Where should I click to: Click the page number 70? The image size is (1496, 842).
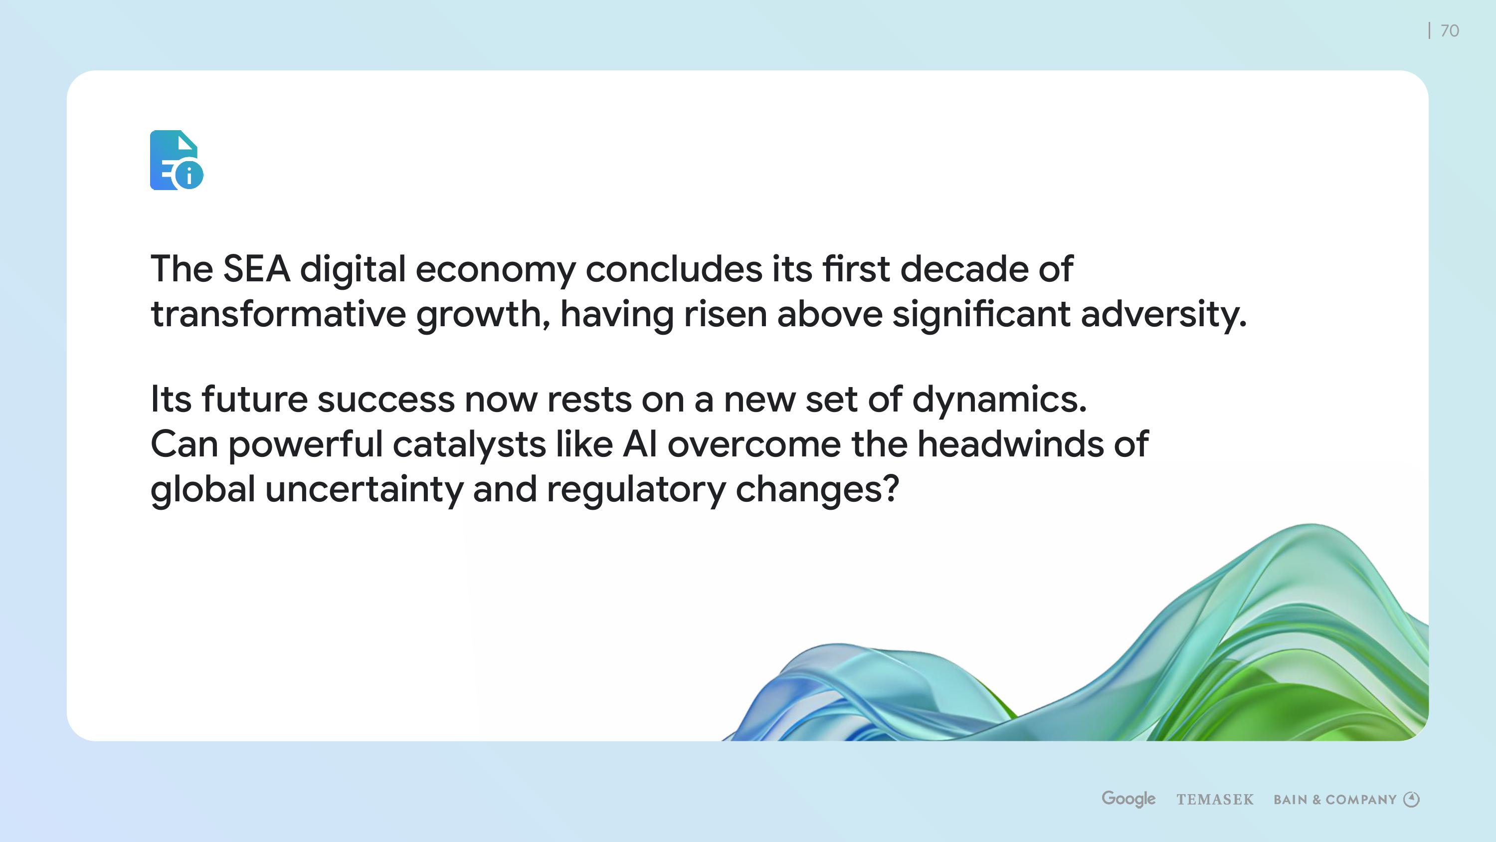click(x=1450, y=31)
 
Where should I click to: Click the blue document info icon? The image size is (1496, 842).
click(x=177, y=160)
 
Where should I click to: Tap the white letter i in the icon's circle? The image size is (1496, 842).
click(x=188, y=175)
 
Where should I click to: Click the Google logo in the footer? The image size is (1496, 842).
click(x=1128, y=799)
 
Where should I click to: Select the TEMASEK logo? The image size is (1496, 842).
click(x=1215, y=800)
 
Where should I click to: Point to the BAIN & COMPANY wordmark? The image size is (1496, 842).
click(x=1334, y=800)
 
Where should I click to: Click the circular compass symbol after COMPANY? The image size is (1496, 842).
click(x=1411, y=800)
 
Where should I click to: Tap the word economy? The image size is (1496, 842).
click(x=495, y=271)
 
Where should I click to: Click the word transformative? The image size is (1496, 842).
click(x=278, y=314)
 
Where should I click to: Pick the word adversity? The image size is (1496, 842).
click(x=1163, y=316)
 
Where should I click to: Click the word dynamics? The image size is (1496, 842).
click(x=999, y=401)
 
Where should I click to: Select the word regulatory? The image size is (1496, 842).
click(x=636, y=491)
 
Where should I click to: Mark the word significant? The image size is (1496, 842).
click(x=981, y=316)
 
